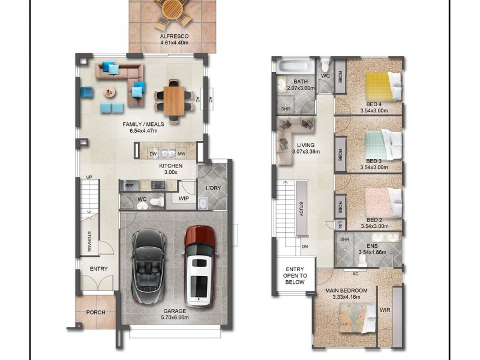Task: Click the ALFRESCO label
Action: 174,37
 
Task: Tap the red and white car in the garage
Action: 199,266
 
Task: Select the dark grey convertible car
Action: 148,266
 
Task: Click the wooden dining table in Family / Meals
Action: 174,101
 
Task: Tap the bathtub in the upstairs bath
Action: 295,67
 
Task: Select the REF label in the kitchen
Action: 130,185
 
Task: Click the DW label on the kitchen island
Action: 154,154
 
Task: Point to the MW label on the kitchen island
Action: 182,154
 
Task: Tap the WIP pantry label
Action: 184,199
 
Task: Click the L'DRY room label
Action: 213,188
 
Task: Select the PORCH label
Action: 95,313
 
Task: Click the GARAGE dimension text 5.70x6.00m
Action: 175,317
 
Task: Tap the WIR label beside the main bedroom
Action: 385,310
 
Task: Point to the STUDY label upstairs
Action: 301,209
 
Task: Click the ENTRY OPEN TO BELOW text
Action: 295,275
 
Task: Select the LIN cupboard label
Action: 340,226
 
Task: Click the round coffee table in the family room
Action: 110,92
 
